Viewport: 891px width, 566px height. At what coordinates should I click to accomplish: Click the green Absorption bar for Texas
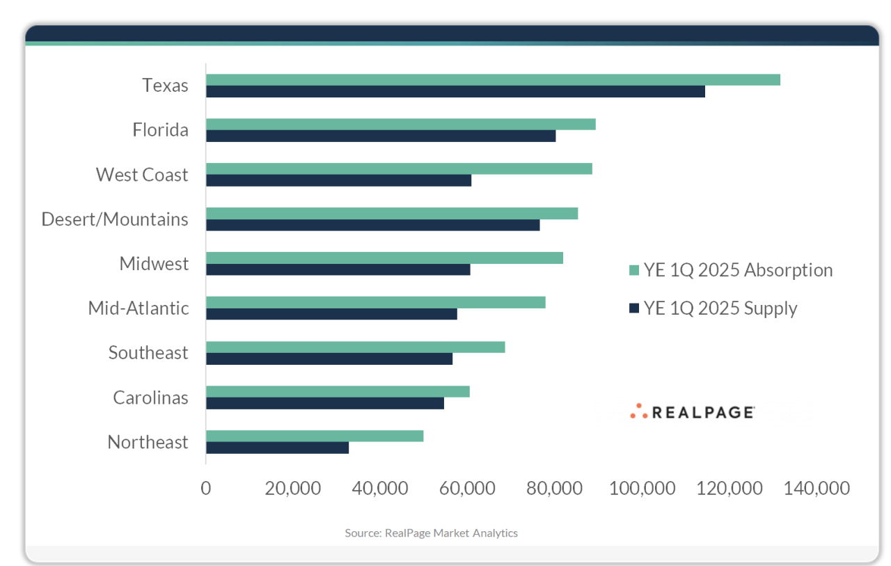[x=493, y=79]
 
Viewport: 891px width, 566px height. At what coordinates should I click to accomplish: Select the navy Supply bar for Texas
[x=455, y=91]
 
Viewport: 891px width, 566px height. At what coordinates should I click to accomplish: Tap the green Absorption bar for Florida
[x=400, y=124]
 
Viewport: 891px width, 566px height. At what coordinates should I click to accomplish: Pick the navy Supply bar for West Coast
[x=338, y=180]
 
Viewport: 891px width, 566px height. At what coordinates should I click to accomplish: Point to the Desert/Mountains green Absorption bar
[x=392, y=213]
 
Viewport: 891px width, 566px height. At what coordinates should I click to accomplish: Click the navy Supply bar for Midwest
[x=338, y=269]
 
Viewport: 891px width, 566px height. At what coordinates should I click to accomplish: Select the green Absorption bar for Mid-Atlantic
[x=376, y=302]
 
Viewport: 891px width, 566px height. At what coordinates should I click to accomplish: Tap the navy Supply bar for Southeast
[x=329, y=359]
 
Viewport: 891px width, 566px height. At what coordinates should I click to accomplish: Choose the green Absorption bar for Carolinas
[x=338, y=391]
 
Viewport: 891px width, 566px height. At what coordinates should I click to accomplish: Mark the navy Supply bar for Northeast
[x=277, y=448]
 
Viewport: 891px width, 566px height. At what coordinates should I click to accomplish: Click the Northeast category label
[x=148, y=442]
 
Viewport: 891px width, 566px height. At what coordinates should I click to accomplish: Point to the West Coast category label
[x=142, y=175]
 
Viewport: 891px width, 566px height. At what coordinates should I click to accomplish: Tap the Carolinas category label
[x=150, y=398]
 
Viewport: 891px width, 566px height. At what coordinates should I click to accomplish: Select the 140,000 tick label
[x=816, y=488]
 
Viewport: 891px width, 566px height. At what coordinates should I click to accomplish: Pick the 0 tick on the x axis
[x=205, y=488]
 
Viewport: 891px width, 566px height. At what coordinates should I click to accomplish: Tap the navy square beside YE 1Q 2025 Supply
[x=633, y=308]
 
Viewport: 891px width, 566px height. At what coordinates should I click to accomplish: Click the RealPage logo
[x=692, y=411]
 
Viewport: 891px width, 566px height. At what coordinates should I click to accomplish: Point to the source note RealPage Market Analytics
[x=431, y=533]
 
